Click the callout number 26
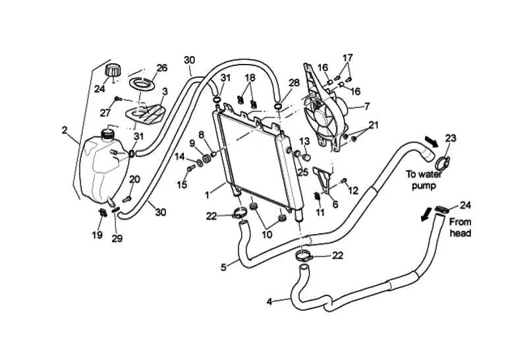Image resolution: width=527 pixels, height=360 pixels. click(161, 68)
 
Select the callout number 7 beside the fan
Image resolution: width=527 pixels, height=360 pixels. click(367, 106)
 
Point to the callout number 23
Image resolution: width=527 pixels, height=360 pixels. click(451, 138)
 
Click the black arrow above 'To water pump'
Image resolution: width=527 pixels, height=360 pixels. click(431, 142)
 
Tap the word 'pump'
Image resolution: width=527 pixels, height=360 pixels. click(424, 185)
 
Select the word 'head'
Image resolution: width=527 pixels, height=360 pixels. click(460, 233)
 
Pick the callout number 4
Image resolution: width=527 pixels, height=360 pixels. click(269, 302)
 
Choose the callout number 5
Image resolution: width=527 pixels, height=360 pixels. click(223, 268)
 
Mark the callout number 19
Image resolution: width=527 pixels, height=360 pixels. click(97, 235)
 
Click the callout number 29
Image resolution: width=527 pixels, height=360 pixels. click(117, 239)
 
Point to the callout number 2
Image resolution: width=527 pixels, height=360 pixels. click(65, 130)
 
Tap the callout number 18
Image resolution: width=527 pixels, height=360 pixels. click(250, 78)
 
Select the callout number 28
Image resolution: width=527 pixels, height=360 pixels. click(294, 83)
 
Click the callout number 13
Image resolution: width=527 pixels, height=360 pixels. click(304, 140)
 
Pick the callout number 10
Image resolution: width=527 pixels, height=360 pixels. click(267, 235)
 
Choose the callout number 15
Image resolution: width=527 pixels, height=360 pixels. click(182, 185)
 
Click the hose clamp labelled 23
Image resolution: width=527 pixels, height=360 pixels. click(442, 163)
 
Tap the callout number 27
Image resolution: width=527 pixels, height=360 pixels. click(105, 113)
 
